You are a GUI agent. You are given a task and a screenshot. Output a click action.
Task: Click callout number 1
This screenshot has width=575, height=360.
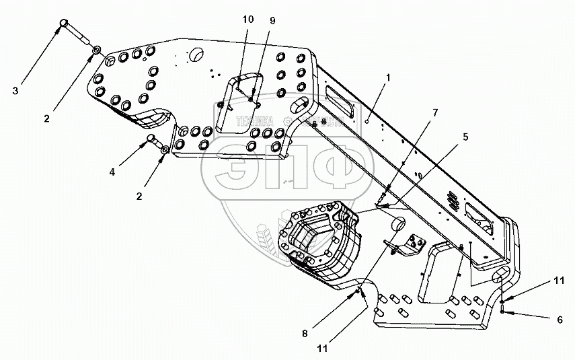pos(388,79)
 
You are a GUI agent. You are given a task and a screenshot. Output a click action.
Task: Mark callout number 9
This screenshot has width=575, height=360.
pos(272,21)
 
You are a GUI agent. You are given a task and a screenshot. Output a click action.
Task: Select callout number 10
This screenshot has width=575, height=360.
pos(248,20)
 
